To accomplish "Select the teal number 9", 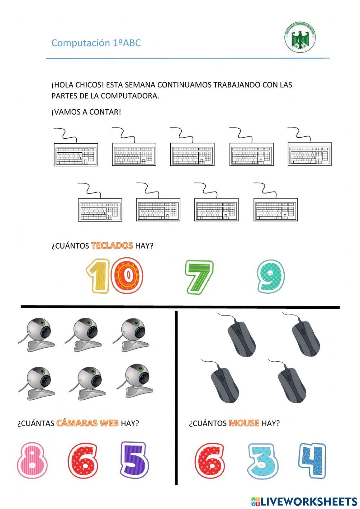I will tap(271, 276).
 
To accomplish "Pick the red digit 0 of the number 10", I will tap(127, 276).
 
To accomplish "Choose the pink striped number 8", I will tap(32, 460).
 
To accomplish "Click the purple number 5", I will tap(134, 459).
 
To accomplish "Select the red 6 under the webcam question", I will tap(83, 460).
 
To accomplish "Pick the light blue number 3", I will tap(263, 461).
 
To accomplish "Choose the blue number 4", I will tap(312, 460).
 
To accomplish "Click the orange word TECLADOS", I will tap(112, 246).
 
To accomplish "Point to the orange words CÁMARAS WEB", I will tap(87, 423).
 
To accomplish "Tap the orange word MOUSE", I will tap(244, 423).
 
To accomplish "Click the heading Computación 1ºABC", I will tap(96, 43).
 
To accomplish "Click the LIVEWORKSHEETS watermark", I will tap(304, 501).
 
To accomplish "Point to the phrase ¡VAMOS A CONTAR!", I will tap(86, 112).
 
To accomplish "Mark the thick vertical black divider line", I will tap(176, 396).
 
